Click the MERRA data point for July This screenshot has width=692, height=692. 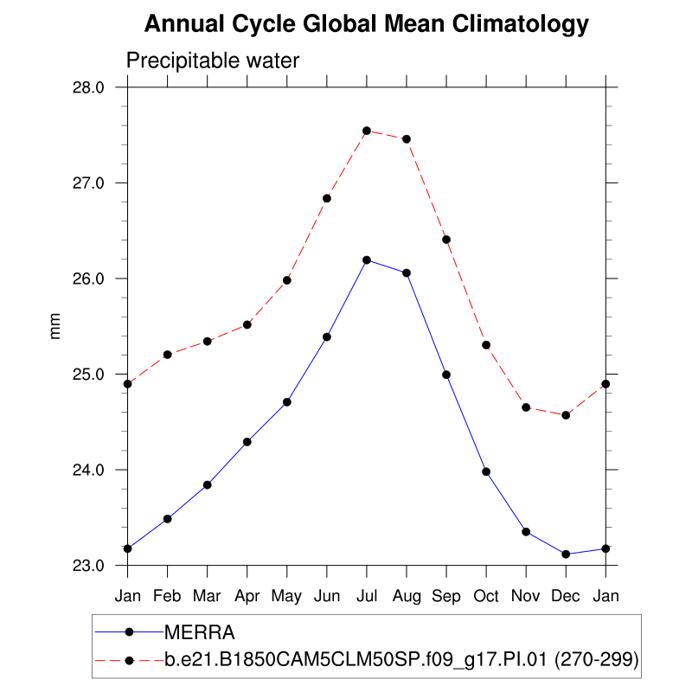pyautogui.click(x=367, y=259)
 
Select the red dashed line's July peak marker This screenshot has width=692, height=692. pyautogui.click(x=367, y=131)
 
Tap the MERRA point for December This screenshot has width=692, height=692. pyautogui.click(x=566, y=554)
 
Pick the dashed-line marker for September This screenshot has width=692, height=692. pyautogui.click(x=446, y=240)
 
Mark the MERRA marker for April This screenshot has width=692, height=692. pyautogui.click(x=247, y=442)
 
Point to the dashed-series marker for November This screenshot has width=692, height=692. pyautogui.click(x=526, y=407)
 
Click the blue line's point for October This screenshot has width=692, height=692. pyautogui.click(x=486, y=471)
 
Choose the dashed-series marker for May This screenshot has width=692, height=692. pyautogui.click(x=287, y=280)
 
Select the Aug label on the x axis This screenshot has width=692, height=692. pyautogui.click(x=407, y=597)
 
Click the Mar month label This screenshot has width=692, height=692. pyautogui.click(x=208, y=597)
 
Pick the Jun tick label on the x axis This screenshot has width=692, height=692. pyautogui.click(x=327, y=597)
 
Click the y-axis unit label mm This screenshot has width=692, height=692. pyautogui.click(x=56, y=327)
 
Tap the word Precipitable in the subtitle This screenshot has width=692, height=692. pyautogui.click(x=176, y=61)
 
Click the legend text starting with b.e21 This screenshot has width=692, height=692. pyautogui.click(x=401, y=661)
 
